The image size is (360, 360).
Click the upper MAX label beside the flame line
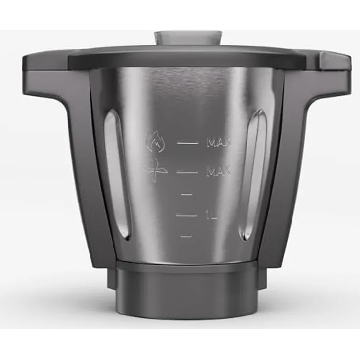tap(218, 143)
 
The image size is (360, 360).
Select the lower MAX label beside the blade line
tap(218, 172)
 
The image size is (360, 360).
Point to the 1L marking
tap(211, 215)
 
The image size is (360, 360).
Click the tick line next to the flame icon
tap(187, 143)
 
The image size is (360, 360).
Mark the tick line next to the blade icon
tap(187, 172)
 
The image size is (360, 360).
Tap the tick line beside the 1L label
tap(186, 215)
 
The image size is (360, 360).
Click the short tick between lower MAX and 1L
tap(186, 194)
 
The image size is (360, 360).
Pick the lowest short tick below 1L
tap(186, 236)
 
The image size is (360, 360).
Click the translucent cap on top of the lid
tap(188, 38)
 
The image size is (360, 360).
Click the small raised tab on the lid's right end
tap(334, 61)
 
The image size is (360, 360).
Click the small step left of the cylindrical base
tap(112, 278)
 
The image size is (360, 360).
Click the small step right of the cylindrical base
tap(262, 278)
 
